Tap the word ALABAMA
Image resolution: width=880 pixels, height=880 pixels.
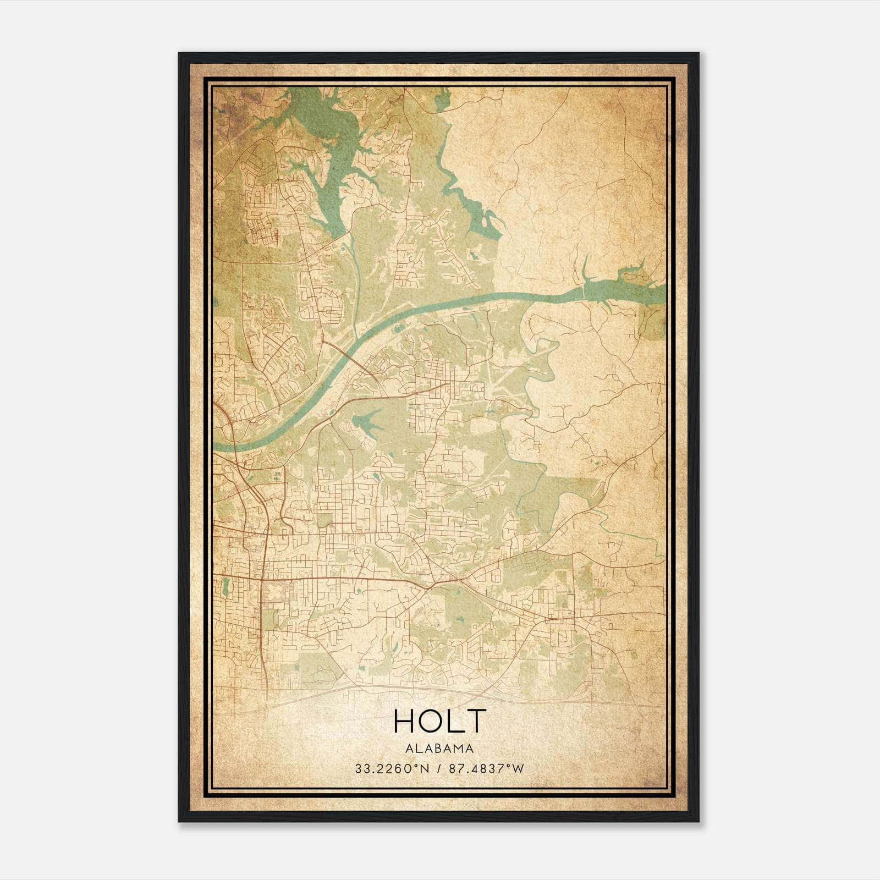[x=439, y=749]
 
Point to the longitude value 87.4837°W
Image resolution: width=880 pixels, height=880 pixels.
[x=487, y=769]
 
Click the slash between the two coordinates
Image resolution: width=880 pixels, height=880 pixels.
[x=439, y=769]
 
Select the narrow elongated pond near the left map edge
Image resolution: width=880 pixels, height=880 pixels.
[x=224, y=587]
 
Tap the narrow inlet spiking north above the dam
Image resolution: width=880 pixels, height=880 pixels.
[x=586, y=269]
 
